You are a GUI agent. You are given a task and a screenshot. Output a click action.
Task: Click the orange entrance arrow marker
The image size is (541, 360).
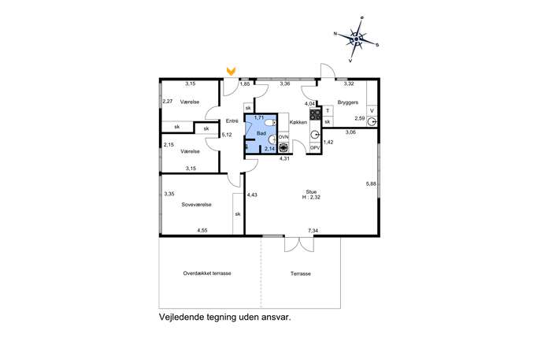(231, 72)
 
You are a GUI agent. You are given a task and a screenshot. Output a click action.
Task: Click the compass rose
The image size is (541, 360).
(357, 39)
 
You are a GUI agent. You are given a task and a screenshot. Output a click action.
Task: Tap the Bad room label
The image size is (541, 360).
(261, 133)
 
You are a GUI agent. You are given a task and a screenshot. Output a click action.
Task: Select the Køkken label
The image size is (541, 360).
(298, 122)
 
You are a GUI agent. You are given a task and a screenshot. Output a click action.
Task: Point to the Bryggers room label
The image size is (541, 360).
(348, 102)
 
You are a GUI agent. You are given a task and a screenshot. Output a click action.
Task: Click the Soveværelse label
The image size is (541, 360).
(196, 204)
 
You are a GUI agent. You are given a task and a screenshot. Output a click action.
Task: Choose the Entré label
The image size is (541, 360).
(232, 121)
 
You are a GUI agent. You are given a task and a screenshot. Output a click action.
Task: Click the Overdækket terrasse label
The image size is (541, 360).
(207, 273)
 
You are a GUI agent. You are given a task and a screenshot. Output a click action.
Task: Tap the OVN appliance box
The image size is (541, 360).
(283, 137)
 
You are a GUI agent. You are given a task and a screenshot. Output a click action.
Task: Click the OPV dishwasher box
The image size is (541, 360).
(315, 147)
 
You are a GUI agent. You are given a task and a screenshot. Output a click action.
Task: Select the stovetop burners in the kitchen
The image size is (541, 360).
(315, 114)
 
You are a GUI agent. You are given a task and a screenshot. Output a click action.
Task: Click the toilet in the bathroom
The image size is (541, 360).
(271, 123)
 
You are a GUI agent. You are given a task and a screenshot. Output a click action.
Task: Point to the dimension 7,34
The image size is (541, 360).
(313, 231)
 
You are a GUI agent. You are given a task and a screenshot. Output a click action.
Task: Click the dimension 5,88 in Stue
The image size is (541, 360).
(371, 184)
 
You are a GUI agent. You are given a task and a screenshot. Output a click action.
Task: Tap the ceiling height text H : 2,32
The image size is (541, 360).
(311, 198)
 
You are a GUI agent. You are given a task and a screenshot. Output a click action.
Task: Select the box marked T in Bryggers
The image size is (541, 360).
(328, 111)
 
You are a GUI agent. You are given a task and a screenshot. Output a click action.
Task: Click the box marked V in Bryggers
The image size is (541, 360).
(372, 111)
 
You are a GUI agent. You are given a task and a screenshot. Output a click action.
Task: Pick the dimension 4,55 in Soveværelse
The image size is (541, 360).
(202, 231)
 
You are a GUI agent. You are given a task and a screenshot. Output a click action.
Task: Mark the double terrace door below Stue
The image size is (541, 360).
(299, 243)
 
